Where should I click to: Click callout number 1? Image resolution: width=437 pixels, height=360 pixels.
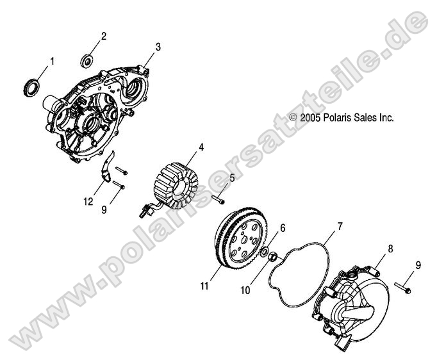52,61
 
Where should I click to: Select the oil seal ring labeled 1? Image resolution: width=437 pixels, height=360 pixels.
31,86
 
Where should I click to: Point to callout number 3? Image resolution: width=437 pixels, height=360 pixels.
158,47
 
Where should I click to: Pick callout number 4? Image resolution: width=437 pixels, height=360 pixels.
201,147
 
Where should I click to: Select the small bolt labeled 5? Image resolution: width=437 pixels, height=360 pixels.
218,199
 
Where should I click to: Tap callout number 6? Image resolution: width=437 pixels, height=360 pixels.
283,228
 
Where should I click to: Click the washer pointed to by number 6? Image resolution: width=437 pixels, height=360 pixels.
263,252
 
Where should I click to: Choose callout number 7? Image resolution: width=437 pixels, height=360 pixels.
340,227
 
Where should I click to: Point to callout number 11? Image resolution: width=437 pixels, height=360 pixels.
204,286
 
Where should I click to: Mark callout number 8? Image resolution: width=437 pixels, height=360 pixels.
390,249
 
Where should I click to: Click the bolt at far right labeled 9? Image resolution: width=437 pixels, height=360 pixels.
403,288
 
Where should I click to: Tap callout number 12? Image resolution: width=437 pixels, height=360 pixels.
88,201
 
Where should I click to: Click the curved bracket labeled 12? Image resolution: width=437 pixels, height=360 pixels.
106,167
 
